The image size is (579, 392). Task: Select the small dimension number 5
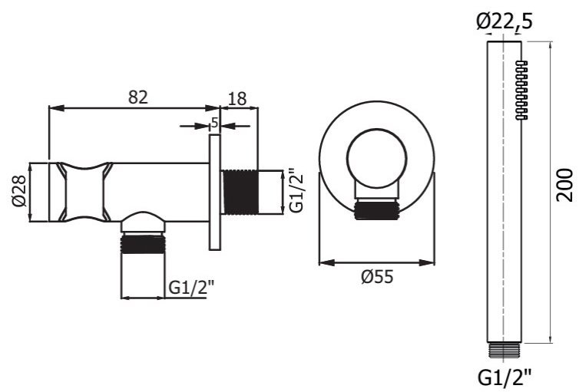click(215, 123)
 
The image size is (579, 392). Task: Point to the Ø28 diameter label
click(18, 191)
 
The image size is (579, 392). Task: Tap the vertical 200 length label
click(565, 184)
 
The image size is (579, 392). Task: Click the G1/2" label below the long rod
click(505, 376)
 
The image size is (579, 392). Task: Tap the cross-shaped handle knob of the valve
click(81, 192)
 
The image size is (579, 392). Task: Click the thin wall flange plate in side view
click(215, 192)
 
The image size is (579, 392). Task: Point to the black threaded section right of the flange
click(239, 192)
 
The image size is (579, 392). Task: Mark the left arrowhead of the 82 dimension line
click(52, 107)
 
